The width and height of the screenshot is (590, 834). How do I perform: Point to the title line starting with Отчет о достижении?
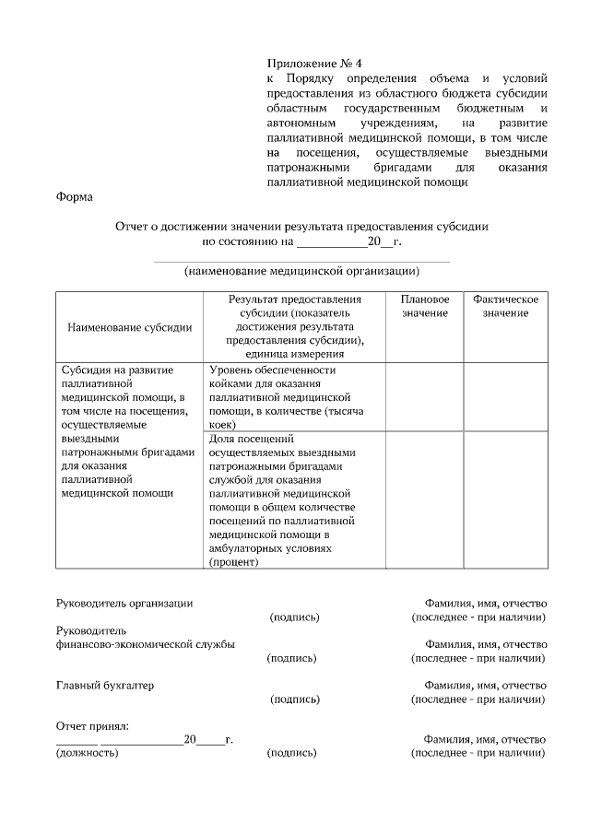click(301, 226)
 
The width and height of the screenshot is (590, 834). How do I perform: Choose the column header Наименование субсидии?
click(129, 326)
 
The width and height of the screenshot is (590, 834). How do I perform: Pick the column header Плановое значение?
click(425, 307)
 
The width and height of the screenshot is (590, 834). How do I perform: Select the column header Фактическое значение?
click(505, 307)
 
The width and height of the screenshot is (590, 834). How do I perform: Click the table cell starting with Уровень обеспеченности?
click(290, 396)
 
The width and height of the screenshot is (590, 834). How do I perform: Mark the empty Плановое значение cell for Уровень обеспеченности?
click(425, 396)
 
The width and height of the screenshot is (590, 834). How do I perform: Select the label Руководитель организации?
click(124, 603)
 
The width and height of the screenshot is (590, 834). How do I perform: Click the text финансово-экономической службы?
click(146, 644)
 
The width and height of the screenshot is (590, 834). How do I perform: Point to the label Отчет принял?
click(92, 726)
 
